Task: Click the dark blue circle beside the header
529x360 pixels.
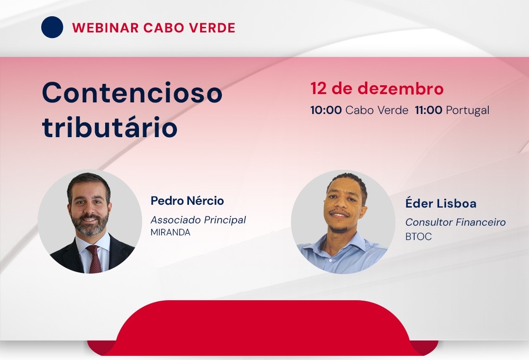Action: click(x=52, y=27)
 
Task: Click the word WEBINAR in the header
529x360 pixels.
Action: click(x=105, y=28)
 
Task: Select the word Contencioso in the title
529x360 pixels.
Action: click(x=132, y=93)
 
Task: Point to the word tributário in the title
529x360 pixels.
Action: click(x=110, y=127)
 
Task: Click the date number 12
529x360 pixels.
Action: click(x=319, y=88)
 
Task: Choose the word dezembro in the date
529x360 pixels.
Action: click(x=401, y=88)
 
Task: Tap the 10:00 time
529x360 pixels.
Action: click(x=326, y=110)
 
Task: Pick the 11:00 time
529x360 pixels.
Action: click(x=428, y=110)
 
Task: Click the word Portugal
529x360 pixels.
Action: click(x=467, y=111)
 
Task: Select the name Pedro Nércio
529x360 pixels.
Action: click(x=187, y=201)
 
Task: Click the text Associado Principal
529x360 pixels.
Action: click(x=198, y=220)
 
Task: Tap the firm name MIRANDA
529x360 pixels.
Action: click(x=170, y=233)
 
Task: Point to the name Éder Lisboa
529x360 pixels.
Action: click(x=441, y=203)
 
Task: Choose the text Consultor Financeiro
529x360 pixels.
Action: click(x=455, y=222)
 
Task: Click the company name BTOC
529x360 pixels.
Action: click(x=418, y=236)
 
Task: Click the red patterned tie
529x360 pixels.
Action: click(x=94, y=259)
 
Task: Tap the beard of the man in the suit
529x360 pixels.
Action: click(x=90, y=224)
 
